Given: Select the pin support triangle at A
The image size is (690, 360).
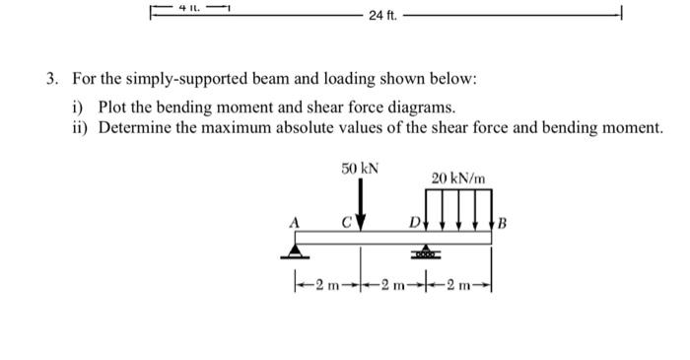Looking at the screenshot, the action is [293, 252].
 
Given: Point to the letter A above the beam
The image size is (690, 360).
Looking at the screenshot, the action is [293, 221].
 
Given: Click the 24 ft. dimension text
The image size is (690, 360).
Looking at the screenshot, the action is [382, 16].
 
